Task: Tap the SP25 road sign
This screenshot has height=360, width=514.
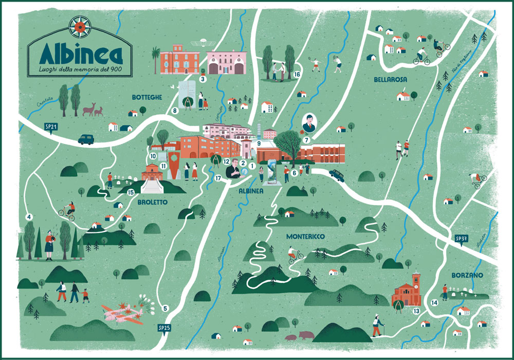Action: [x=164, y=328]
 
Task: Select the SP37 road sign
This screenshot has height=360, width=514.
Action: [x=461, y=239]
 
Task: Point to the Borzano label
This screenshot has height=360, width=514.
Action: [x=468, y=276]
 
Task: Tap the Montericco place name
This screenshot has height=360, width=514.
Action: [x=306, y=236]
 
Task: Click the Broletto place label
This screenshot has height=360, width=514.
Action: [x=153, y=202]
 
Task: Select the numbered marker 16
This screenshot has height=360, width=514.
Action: [x=297, y=75]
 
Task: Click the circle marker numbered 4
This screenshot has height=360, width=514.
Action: [x=29, y=217]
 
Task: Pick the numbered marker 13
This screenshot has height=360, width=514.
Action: [x=416, y=311]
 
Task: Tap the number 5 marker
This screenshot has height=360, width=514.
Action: [x=165, y=309]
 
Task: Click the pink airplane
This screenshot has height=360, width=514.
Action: [x=122, y=314]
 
